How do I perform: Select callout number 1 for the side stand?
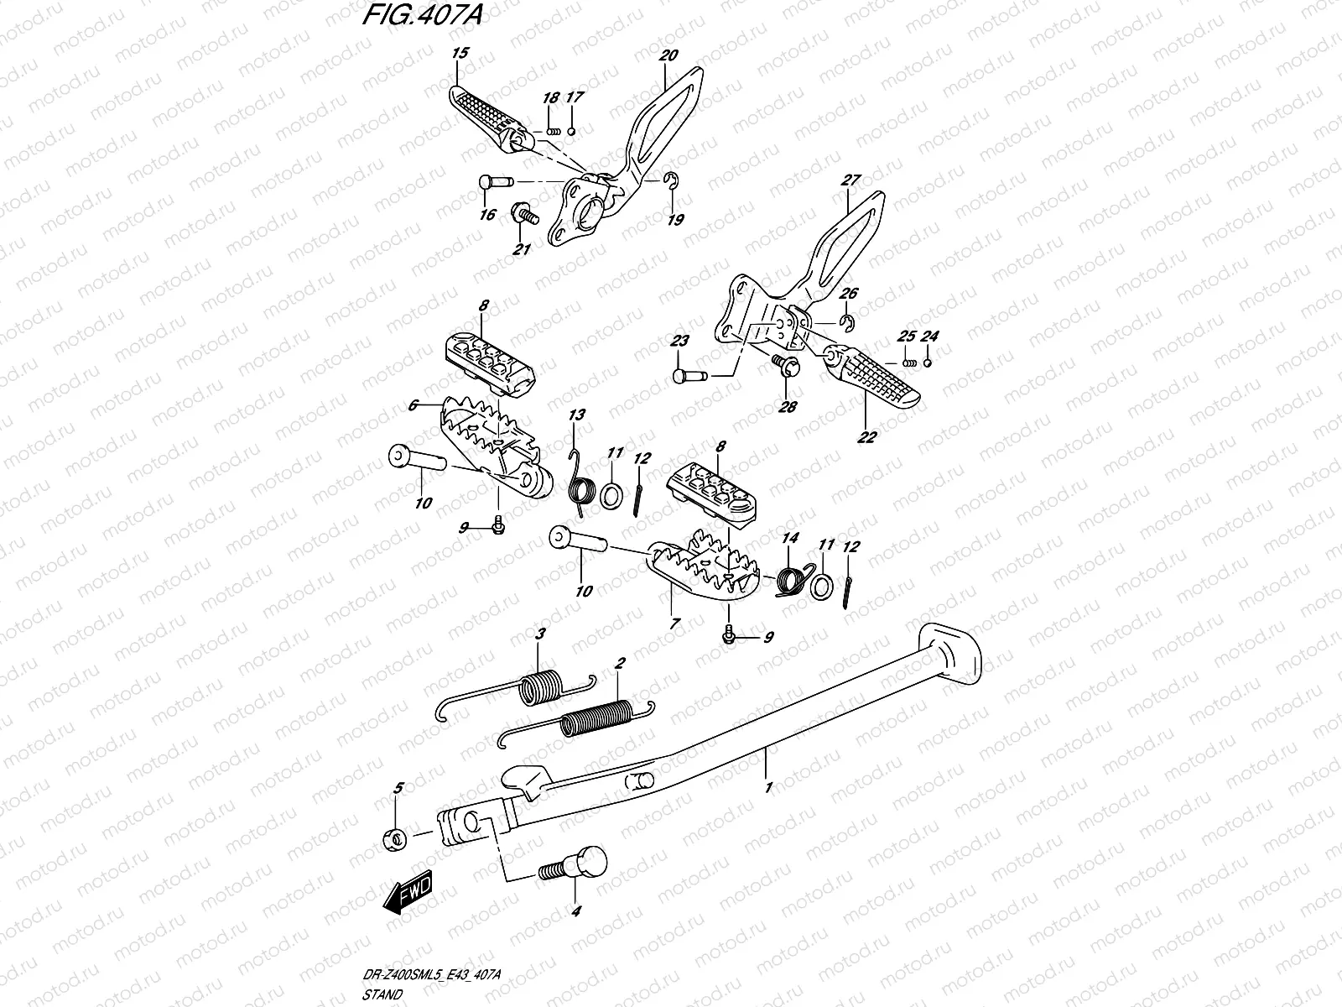click(768, 787)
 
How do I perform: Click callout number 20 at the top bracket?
click(668, 55)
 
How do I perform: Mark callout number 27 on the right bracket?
click(850, 180)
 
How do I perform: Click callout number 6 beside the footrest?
click(412, 404)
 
